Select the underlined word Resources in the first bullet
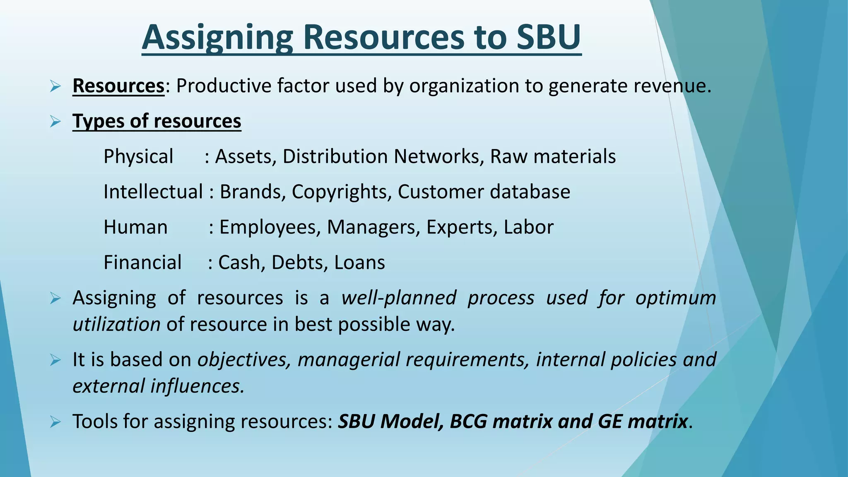click(x=118, y=86)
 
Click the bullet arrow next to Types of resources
click(x=55, y=122)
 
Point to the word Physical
click(x=138, y=157)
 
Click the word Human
click(x=135, y=227)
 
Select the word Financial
click(x=142, y=263)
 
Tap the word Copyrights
click(x=341, y=192)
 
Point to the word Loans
click(x=359, y=263)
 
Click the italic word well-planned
click(x=399, y=298)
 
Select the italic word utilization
click(x=116, y=324)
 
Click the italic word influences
click(x=197, y=386)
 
